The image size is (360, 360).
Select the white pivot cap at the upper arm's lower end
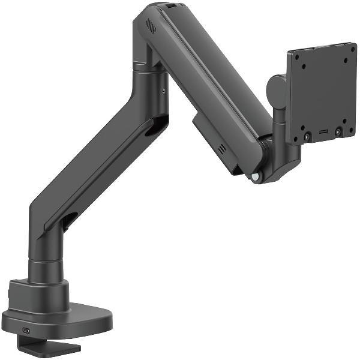[257, 176]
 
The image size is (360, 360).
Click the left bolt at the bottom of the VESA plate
[307, 137]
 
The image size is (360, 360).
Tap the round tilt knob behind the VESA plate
[276, 89]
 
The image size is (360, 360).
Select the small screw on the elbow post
[163, 91]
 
